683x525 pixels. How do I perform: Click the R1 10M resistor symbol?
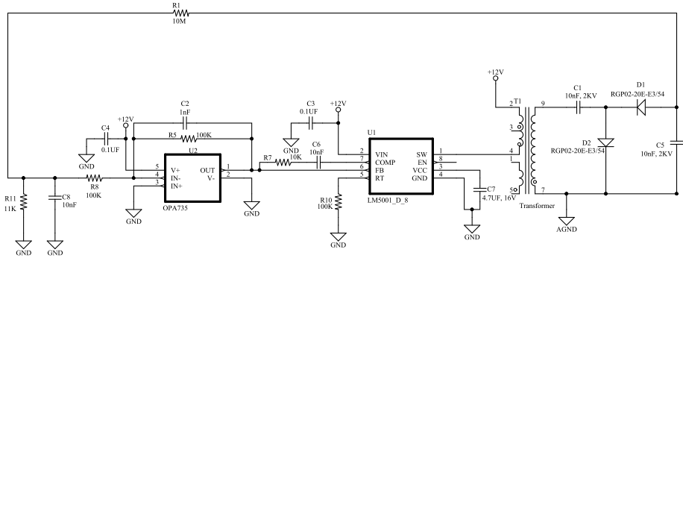(x=181, y=13)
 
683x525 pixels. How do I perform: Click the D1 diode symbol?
(x=641, y=107)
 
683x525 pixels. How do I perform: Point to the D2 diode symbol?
(x=605, y=143)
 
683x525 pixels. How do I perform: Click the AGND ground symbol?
(x=566, y=221)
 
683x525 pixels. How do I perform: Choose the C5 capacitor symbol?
(x=677, y=142)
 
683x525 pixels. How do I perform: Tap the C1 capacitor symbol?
(x=578, y=107)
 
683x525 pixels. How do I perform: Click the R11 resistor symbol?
(x=24, y=201)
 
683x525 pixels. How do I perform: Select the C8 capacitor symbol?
(x=55, y=198)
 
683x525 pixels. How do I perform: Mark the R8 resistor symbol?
(x=95, y=177)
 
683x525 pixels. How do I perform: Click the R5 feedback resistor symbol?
(x=189, y=139)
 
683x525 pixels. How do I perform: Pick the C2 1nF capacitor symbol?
(x=184, y=123)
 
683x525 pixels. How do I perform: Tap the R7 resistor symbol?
(x=283, y=163)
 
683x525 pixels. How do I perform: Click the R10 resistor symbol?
(x=338, y=201)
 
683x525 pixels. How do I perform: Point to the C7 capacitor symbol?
(x=479, y=189)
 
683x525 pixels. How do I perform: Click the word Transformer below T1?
(x=537, y=206)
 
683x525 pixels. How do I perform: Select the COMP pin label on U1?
(x=385, y=163)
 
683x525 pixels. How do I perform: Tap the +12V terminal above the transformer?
(x=495, y=79)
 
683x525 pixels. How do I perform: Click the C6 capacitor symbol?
(x=319, y=163)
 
